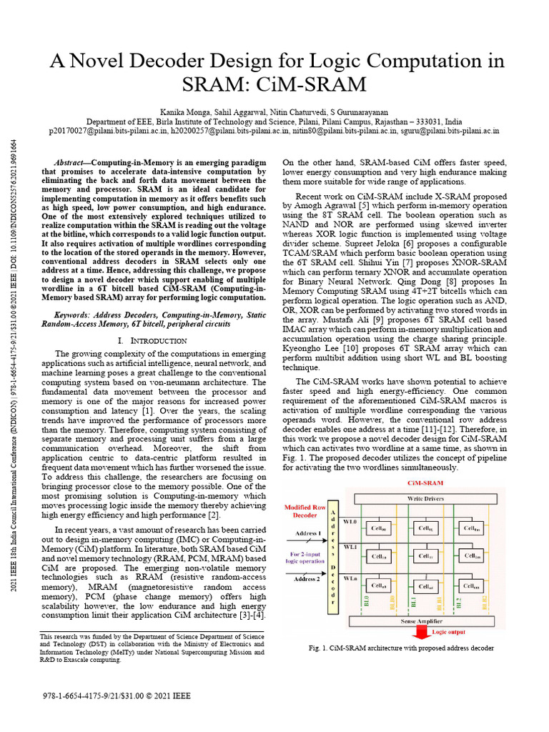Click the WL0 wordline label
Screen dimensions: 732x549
350,522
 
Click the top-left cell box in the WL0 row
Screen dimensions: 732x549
376,530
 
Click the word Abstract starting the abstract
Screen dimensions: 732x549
72,163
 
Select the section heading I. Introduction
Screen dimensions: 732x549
152,341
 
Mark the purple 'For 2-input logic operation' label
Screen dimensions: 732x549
306,558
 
